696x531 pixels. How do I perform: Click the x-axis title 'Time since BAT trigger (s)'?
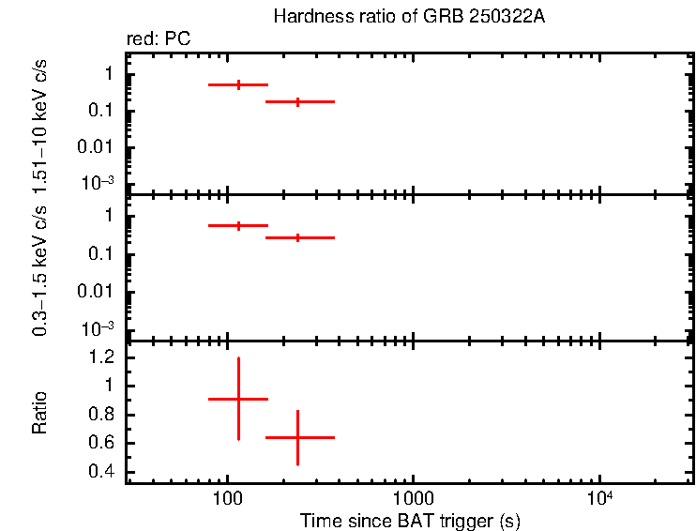[410, 519]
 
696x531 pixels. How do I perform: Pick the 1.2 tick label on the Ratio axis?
[102, 357]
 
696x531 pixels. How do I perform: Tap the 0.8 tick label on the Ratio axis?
[102, 415]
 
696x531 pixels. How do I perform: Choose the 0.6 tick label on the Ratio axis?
[102, 443]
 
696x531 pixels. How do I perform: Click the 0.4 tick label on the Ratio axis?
[102, 472]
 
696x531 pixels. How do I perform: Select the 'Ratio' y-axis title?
[40, 414]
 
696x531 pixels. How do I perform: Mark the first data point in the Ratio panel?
[238, 399]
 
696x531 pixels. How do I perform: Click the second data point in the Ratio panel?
[298, 437]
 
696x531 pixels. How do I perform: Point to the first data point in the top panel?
[238, 84]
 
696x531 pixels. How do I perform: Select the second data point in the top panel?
[298, 101]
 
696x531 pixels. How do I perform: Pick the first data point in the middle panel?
[238, 225]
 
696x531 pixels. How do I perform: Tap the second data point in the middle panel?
[298, 238]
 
